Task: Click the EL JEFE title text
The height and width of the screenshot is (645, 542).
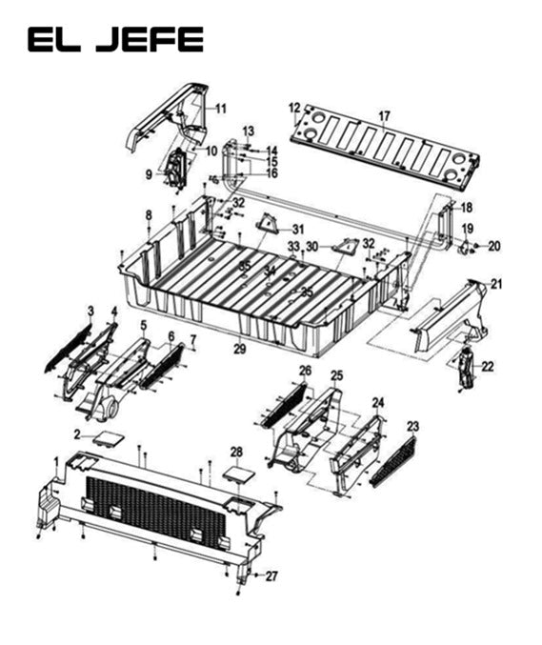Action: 115,39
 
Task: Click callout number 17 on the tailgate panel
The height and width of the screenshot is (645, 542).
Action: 384,117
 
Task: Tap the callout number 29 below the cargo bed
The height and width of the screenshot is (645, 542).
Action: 240,350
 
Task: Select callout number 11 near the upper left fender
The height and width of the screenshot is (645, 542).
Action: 220,109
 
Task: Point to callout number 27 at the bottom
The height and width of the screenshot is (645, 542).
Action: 271,575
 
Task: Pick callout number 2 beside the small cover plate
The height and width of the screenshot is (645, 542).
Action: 77,433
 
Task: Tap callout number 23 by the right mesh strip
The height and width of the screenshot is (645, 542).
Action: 412,426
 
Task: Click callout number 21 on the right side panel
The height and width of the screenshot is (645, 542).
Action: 495,283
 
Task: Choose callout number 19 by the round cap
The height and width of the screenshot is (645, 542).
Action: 468,228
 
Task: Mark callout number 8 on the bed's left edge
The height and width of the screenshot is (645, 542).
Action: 149,215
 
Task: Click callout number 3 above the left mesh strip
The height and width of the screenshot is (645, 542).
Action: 90,311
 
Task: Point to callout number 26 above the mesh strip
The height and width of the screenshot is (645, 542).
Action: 305,370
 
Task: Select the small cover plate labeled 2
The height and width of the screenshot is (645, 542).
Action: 108,439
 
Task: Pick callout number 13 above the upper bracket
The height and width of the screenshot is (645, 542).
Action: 248,130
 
